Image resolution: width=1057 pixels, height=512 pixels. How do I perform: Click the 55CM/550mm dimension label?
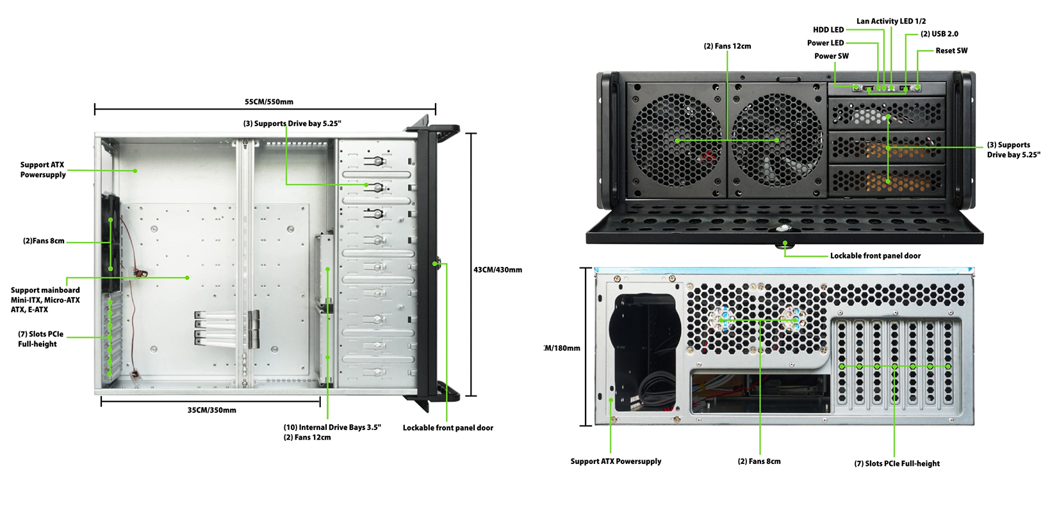pos(268,102)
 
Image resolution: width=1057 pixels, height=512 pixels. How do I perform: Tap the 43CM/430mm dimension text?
pos(498,270)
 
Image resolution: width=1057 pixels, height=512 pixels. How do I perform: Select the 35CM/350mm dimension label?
pos(212,410)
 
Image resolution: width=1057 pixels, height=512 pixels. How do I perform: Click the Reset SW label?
pos(951,51)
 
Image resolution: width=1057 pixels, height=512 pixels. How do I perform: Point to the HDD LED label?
pos(828,29)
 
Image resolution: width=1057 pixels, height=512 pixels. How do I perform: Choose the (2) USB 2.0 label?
pos(939,34)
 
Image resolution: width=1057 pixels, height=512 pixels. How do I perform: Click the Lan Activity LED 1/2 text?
pos(891,21)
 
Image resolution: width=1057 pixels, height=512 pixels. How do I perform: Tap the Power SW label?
pos(832,56)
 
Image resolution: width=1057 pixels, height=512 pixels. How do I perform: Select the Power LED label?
pos(825,43)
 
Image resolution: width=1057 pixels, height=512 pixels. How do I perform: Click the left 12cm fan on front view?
pos(676,141)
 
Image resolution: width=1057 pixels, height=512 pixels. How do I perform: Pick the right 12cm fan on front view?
pos(776,141)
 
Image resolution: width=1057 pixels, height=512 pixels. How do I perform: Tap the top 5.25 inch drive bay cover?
pos(887,114)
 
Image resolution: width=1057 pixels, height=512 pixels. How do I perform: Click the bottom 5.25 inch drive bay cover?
pos(887,180)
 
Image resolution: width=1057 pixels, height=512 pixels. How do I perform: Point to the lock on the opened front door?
pos(784,229)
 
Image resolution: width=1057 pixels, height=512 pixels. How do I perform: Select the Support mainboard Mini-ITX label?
pos(45,300)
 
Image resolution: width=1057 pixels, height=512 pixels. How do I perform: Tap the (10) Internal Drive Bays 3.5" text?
pos(332,428)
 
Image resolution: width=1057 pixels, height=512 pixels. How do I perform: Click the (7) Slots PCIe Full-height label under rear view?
pos(897,464)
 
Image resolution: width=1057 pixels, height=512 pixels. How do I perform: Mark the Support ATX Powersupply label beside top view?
pos(43,170)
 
